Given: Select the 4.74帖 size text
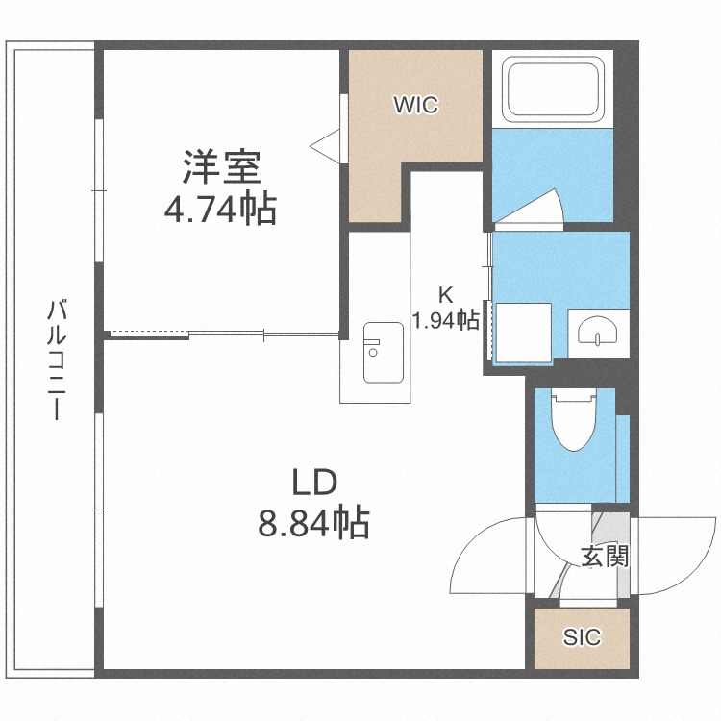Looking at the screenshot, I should tap(220, 209).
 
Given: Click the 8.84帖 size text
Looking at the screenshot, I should tap(313, 523).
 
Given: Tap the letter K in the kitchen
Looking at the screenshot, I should tap(445, 295).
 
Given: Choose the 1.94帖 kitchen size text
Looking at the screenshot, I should tap(446, 320).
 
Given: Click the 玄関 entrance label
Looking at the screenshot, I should tap(604, 556).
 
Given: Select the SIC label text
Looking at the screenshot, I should tap(582, 636).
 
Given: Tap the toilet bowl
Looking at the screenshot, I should tap(573, 419).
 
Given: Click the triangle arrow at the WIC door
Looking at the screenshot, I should tap(324, 144).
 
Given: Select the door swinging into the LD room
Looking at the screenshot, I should tap(490, 558).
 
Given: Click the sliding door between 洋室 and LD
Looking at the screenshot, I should tap(226, 335).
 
